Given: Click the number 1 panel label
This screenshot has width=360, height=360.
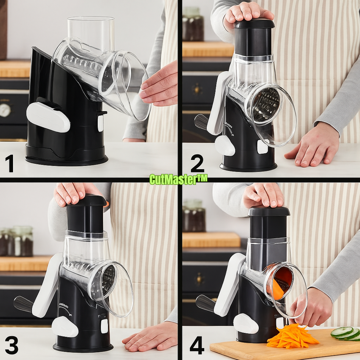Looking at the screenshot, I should (x=9, y=163).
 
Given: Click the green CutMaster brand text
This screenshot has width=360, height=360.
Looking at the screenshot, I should (x=178, y=179).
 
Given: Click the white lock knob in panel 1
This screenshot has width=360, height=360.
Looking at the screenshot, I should (x=48, y=117).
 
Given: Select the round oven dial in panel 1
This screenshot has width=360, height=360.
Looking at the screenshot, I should (x=5, y=110).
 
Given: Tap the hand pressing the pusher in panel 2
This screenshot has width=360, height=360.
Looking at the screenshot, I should (x=247, y=15).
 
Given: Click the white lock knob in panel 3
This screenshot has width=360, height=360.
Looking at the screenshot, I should (x=64, y=327).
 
